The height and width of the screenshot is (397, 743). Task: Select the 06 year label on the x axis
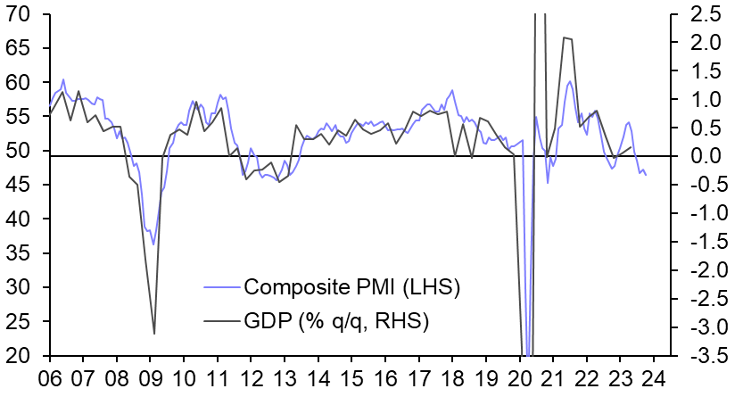click(50, 376)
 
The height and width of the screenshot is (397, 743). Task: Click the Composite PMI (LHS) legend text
click(350, 287)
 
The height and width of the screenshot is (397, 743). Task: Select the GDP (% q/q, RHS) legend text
click(336, 321)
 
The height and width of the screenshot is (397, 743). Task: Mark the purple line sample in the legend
click(221, 287)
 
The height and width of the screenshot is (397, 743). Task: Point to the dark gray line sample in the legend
click(221, 321)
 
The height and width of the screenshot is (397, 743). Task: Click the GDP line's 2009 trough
click(154, 334)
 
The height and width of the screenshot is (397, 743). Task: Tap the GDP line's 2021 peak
click(564, 37)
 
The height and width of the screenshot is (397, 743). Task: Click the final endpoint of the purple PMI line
click(646, 175)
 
